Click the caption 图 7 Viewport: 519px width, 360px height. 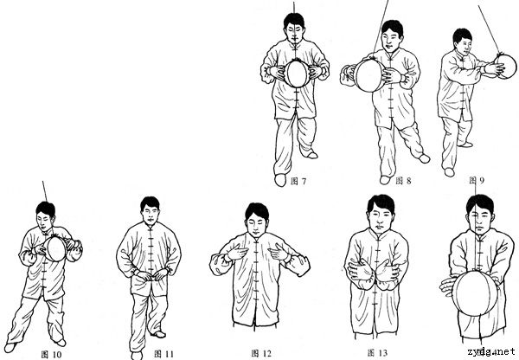[x=298, y=181]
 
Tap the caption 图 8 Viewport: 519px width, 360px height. [x=403, y=181]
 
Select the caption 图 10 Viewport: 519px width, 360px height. [x=51, y=354]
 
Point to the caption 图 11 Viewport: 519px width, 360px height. [x=163, y=354]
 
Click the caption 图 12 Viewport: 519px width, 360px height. [x=261, y=353]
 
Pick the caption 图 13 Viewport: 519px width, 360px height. [x=377, y=353]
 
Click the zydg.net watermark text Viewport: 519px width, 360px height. [x=491, y=351]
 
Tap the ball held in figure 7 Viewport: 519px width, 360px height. [x=297, y=73]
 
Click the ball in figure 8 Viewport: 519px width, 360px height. [x=369, y=75]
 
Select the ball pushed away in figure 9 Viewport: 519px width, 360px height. [x=505, y=67]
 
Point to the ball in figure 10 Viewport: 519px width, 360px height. [x=55, y=248]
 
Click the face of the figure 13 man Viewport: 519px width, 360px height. [x=380, y=217]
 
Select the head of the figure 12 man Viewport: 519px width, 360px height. [x=257, y=218]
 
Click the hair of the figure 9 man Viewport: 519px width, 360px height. [x=462, y=35]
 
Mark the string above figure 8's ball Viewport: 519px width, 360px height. [x=381, y=27]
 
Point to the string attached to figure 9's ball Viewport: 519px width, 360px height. [x=489, y=29]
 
